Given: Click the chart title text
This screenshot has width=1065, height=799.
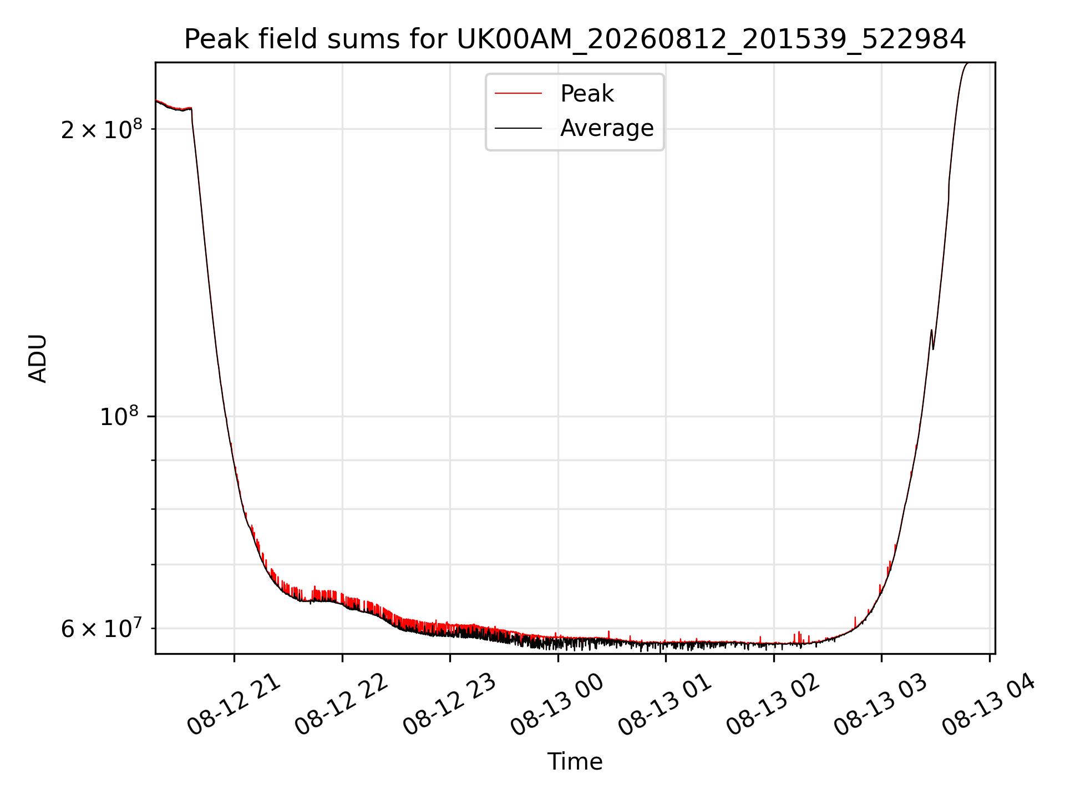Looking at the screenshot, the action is coord(575,39).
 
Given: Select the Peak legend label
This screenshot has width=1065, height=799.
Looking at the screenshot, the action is coord(587,94).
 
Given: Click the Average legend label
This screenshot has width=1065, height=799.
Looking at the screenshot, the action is coord(607,128).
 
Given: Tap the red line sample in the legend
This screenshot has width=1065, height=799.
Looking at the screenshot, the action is coord(518,94).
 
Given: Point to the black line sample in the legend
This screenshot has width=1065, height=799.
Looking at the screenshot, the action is coord(518,128).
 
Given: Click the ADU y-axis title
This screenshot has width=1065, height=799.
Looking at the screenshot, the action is coord(38,358).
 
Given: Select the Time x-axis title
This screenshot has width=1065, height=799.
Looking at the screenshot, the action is coord(575,762).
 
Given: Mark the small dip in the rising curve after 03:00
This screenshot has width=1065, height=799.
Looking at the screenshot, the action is coord(933,348).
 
